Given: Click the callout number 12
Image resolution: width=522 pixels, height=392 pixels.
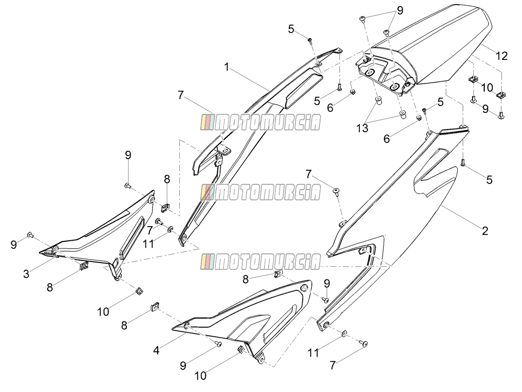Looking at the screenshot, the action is [502, 56].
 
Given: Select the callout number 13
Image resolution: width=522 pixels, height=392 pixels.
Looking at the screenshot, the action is [362, 129].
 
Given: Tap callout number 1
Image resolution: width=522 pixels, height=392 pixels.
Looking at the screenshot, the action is [227, 67].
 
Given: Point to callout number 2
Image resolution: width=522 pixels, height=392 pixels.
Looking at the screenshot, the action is [485, 231].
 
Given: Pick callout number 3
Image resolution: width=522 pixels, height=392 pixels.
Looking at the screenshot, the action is [26, 274].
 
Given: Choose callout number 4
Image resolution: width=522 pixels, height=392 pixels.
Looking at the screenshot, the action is [156, 350].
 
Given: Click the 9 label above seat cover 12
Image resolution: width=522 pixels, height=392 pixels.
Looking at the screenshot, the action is [400, 10].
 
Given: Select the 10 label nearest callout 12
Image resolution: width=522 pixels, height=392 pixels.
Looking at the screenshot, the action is [487, 88].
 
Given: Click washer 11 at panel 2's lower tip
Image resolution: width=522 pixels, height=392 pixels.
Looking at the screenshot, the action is [344, 334].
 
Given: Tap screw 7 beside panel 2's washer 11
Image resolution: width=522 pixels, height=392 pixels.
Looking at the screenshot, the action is [364, 343].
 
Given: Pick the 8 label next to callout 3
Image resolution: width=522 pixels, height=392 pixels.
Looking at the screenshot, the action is [50, 288].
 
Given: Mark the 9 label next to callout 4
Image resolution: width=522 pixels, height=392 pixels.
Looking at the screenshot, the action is [183, 366].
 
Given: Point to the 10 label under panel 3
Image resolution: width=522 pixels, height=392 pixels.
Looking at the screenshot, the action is [103, 312].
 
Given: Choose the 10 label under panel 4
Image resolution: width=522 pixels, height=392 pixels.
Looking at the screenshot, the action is [200, 376].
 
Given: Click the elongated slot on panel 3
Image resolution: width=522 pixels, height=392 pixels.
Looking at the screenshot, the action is [132, 238].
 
